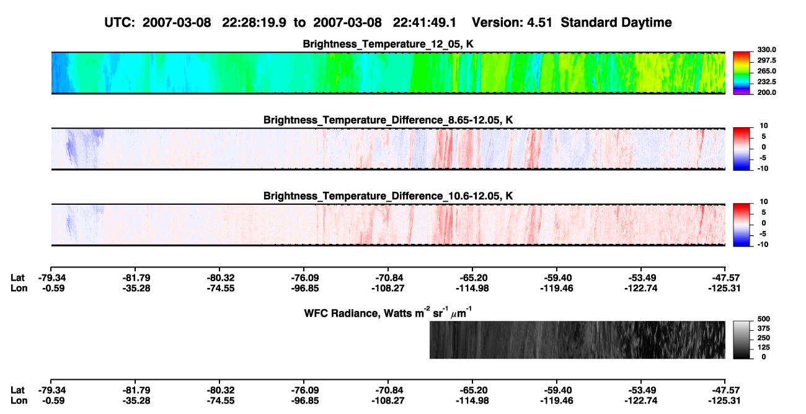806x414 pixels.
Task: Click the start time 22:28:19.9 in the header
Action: pyautogui.click(x=254, y=23)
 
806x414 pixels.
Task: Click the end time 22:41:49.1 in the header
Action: pyautogui.click(x=425, y=23)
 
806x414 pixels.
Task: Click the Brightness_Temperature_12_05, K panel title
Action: pyautogui.click(x=388, y=44)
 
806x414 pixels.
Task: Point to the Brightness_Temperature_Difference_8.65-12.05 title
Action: pyautogui.click(x=388, y=120)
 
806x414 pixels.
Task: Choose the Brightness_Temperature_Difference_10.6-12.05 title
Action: pyautogui.click(x=388, y=196)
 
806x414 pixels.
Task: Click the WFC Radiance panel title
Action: pyautogui.click(x=388, y=312)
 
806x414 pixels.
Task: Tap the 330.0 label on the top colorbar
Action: pyautogui.click(x=766, y=50)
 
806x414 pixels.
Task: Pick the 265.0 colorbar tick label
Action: pyautogui.click(x=766, y=71)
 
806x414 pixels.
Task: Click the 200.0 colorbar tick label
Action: pyautogui.click(x=766, y=92)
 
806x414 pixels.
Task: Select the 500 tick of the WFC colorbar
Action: pyautogui.click(x=764, y=319)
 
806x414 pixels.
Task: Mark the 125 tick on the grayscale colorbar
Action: pyautogui.click(x=764, y=348)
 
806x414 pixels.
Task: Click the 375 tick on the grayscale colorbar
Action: pyautogui.click(x=764, y=328)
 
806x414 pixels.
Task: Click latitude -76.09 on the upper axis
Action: pyautogui.click(x=305, y=278)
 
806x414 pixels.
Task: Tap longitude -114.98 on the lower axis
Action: pyautogui.click(x=472, y=401)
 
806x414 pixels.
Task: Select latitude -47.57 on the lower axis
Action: pyautogui.click(x=725, y=390)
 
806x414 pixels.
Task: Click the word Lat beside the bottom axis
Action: pyautogui.click(x=17, y=390)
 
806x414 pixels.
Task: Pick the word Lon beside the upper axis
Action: pyautogui.click(x=19, y=288)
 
